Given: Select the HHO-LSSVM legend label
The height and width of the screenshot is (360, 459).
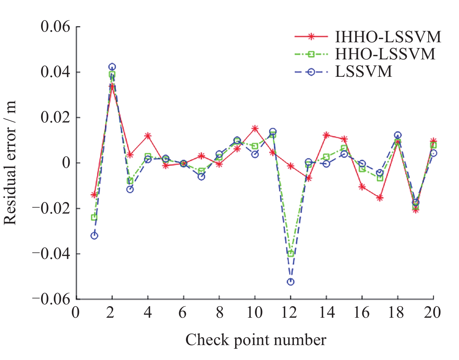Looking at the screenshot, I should tap(385, 54).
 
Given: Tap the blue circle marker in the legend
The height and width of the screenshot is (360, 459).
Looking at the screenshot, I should tap(311, 72).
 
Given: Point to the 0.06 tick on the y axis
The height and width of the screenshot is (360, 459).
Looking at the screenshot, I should tap(55, 27).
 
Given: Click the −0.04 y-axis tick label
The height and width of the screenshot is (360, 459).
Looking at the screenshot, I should tap(52, 254).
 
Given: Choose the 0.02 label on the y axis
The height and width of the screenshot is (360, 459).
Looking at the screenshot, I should tap(55, 118).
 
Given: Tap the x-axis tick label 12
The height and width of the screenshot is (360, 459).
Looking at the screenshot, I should tap(289, 312).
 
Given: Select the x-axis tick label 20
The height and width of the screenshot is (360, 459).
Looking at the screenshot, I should tap(432, 312).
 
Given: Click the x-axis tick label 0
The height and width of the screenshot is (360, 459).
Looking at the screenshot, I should tap(76, 312).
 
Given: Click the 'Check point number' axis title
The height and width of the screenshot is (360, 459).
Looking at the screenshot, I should tap(256, 340).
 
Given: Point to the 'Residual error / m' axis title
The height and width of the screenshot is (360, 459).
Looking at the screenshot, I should tap(10, 163).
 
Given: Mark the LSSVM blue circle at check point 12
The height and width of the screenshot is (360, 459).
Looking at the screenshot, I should tap(290, 282).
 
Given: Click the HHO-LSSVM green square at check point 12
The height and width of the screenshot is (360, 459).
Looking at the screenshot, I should tap(291, 254).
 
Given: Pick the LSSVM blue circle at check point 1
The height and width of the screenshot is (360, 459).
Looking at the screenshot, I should tap(94, 236).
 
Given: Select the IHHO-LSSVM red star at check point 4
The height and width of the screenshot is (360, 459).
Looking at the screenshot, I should tap(148, 136).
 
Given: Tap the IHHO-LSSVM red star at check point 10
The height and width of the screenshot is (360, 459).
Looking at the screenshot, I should tap(255, 128).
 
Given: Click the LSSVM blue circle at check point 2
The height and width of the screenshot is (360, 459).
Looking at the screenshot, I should tap(112, 67).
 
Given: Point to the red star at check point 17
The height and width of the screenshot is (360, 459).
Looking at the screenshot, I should tap(380, 198).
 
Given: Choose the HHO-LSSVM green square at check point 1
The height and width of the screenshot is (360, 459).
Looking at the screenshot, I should tap(94, 217).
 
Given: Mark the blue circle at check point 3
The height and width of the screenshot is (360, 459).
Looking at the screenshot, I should tap(130, 189).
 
